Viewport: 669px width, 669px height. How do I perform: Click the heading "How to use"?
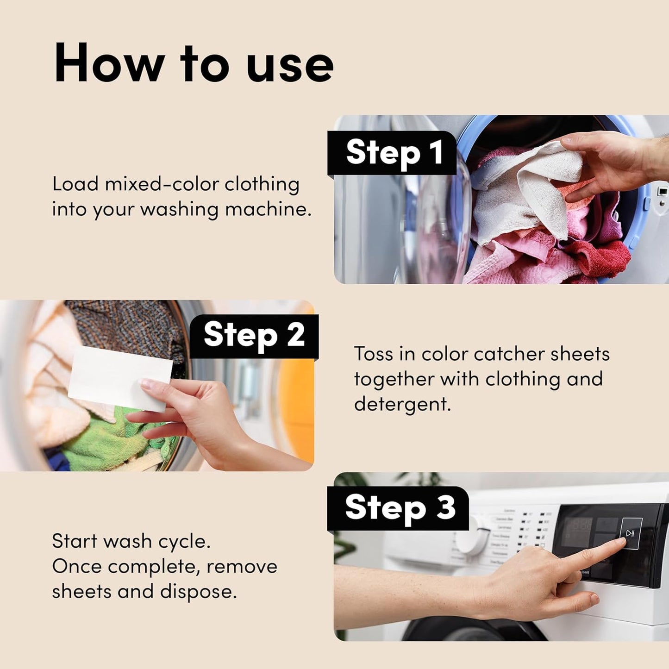194,63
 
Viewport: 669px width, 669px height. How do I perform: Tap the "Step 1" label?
394,153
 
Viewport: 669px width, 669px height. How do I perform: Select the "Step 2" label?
254,335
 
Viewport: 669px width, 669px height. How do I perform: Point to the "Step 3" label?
400,507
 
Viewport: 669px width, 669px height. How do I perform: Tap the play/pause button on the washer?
631,533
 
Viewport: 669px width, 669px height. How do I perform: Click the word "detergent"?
402,404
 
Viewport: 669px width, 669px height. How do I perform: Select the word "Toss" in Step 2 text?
373,354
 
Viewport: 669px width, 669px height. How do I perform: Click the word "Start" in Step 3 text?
74,541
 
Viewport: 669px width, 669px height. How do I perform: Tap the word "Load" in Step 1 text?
75,184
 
